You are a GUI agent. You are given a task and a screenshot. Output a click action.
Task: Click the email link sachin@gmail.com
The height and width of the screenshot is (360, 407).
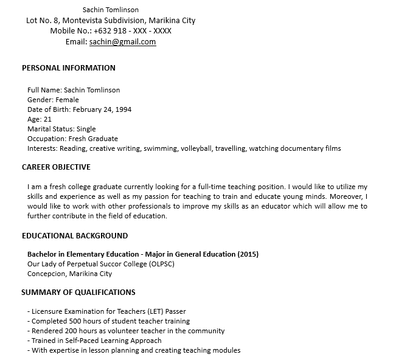click(x=122, y=42)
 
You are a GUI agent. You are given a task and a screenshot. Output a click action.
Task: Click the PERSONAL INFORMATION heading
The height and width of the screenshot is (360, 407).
click(x=68, y=68)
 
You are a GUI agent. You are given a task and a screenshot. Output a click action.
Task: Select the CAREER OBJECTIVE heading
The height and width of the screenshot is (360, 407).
click(x=56, y=167)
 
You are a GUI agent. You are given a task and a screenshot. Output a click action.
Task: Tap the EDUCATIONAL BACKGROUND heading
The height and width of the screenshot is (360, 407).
click(x=75, y=235)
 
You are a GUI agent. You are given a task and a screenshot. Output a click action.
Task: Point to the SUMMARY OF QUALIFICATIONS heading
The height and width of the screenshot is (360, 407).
click(x=78, y=292)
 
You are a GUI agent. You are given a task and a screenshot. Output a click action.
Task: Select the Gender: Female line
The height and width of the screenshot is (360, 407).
click(x=53, y=100)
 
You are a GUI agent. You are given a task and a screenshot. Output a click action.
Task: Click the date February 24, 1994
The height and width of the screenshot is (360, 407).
click(x=102, y=109)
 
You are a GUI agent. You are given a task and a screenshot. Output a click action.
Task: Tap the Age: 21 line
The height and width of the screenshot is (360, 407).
click(x=39, y=119)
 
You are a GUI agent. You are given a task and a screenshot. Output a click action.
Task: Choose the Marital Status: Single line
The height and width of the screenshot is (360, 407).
click(x=61, y=129)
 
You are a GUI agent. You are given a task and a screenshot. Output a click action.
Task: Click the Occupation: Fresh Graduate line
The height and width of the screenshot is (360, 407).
click(x=72, y=139)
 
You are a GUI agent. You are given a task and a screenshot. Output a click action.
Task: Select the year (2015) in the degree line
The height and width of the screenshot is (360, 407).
click(x=248, y=254)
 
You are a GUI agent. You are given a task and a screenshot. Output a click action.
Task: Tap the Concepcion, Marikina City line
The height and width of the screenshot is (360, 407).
click(x=69, y=274)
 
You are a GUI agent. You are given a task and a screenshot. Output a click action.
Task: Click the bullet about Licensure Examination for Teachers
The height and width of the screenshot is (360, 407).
click(x=106, y=311)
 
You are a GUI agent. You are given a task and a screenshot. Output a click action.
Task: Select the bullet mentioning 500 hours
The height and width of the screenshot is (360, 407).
click(x=108, y=321)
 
